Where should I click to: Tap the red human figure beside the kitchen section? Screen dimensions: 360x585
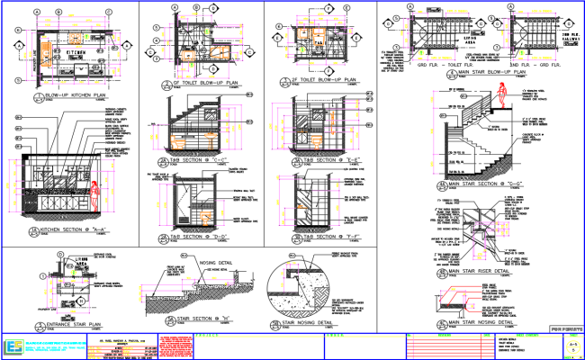tap(94, 195)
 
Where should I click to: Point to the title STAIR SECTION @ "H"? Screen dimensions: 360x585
tap(200, 319)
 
